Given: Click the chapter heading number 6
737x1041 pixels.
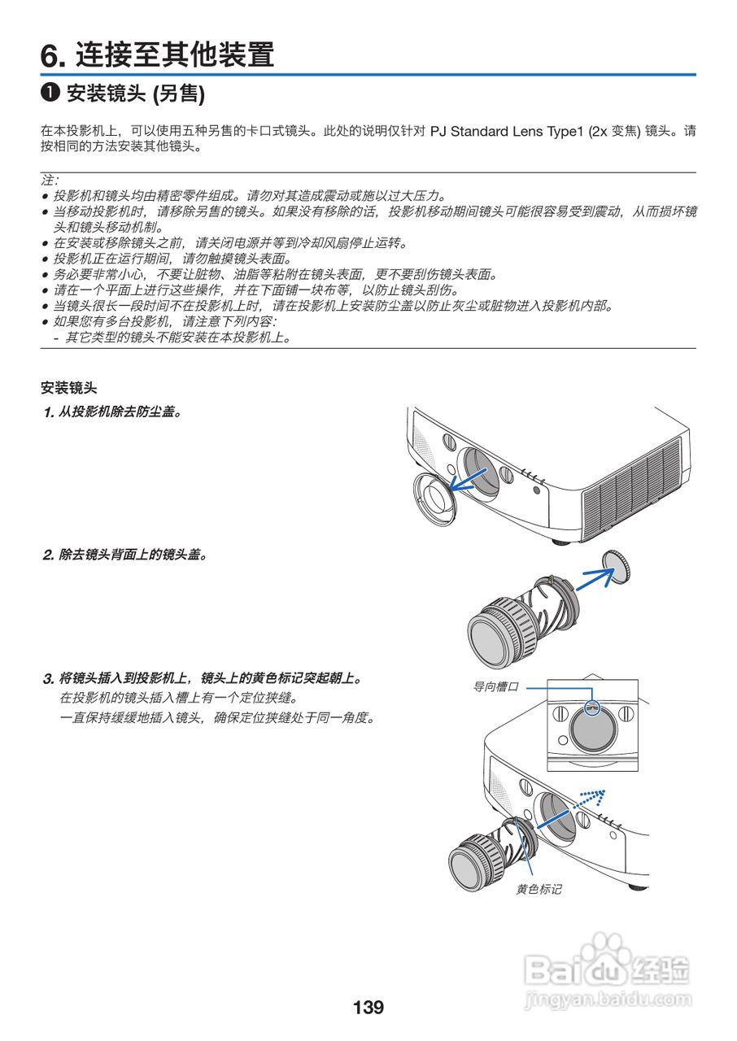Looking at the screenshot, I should pyautogui.click(x=52, y=55).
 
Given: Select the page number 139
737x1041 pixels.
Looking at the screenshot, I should pyautogui.click(x=368, y=1008).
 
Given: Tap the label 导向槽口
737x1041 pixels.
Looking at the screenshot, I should pyautogui.click(x=495, y=687).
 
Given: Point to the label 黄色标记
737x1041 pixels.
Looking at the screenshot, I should pyautogui.click(x=539, y=889).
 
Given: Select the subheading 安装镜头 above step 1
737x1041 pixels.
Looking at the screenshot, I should pyautogui.click(x=68, y=388).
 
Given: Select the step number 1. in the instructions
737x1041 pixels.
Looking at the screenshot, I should pyautogui.click(x=49, y=412).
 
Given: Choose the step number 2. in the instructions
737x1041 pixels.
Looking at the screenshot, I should pyautogui.click(x=49, y=555).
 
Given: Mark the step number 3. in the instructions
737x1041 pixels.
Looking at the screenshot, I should pyautogui.click(x=49, y=677).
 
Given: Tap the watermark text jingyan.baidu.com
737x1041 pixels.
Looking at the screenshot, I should pyautogui.click(x=608, y=1000).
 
